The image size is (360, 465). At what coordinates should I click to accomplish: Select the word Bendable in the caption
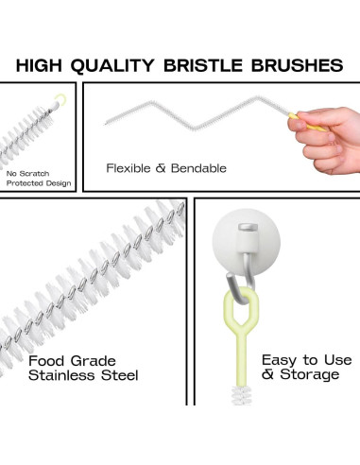coord(197,168)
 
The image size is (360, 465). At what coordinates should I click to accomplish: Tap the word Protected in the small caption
coord(25,183)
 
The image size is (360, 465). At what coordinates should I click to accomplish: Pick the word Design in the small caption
coord(56,183)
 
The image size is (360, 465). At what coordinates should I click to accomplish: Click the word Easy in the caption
coord(281,360)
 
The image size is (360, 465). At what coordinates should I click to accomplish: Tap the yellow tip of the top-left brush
coord(62,97)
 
